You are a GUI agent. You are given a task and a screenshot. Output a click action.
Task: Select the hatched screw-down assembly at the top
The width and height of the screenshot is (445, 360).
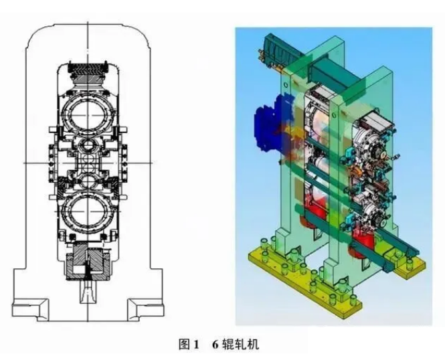tap(88, 70)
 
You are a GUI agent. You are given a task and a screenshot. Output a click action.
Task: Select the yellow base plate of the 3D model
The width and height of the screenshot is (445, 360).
tap(335, 278)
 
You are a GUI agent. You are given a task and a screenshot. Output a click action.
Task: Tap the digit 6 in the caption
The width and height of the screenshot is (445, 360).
tap(215, 345)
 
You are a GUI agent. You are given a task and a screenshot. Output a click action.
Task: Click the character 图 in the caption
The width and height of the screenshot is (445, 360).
tap(184, 345)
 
